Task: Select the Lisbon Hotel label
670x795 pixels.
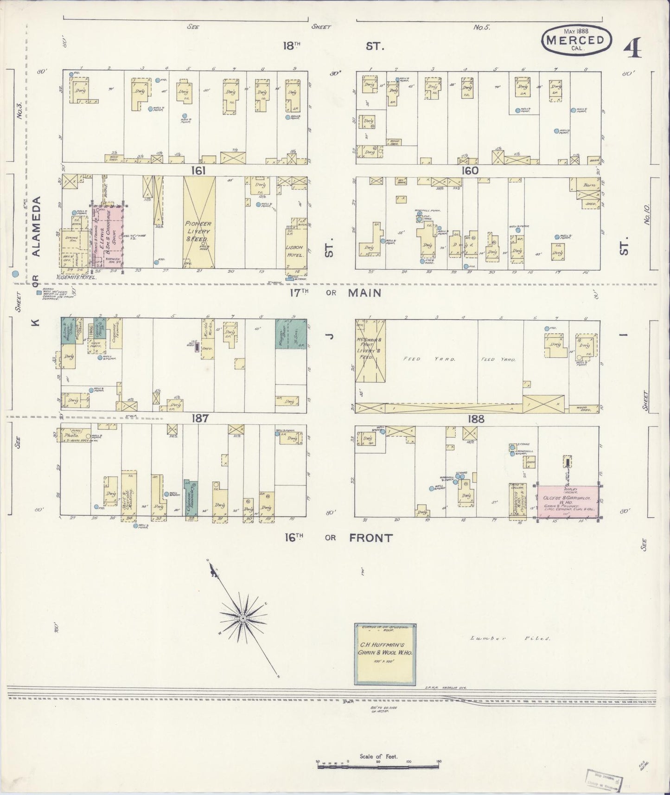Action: pyautogui.click(x=295, y=255)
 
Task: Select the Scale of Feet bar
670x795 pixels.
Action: pyautogui.click(x=378, y=763)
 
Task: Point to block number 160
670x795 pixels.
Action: pyautogui.click(x=469, y=170)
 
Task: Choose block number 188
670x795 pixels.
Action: pyautogui.click(x=476, y=419)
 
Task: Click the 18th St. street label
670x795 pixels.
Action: pyautogui.click(x=334, y=46)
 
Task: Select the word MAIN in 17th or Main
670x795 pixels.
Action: pyautogui.click(x=364, y=293)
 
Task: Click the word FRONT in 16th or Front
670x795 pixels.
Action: pyautogui.click(x=370, y=538)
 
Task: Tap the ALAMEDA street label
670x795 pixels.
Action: pyautogui.click(x=37, y=226)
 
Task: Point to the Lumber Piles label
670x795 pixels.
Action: pyautogui.click(x=509, y=638)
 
